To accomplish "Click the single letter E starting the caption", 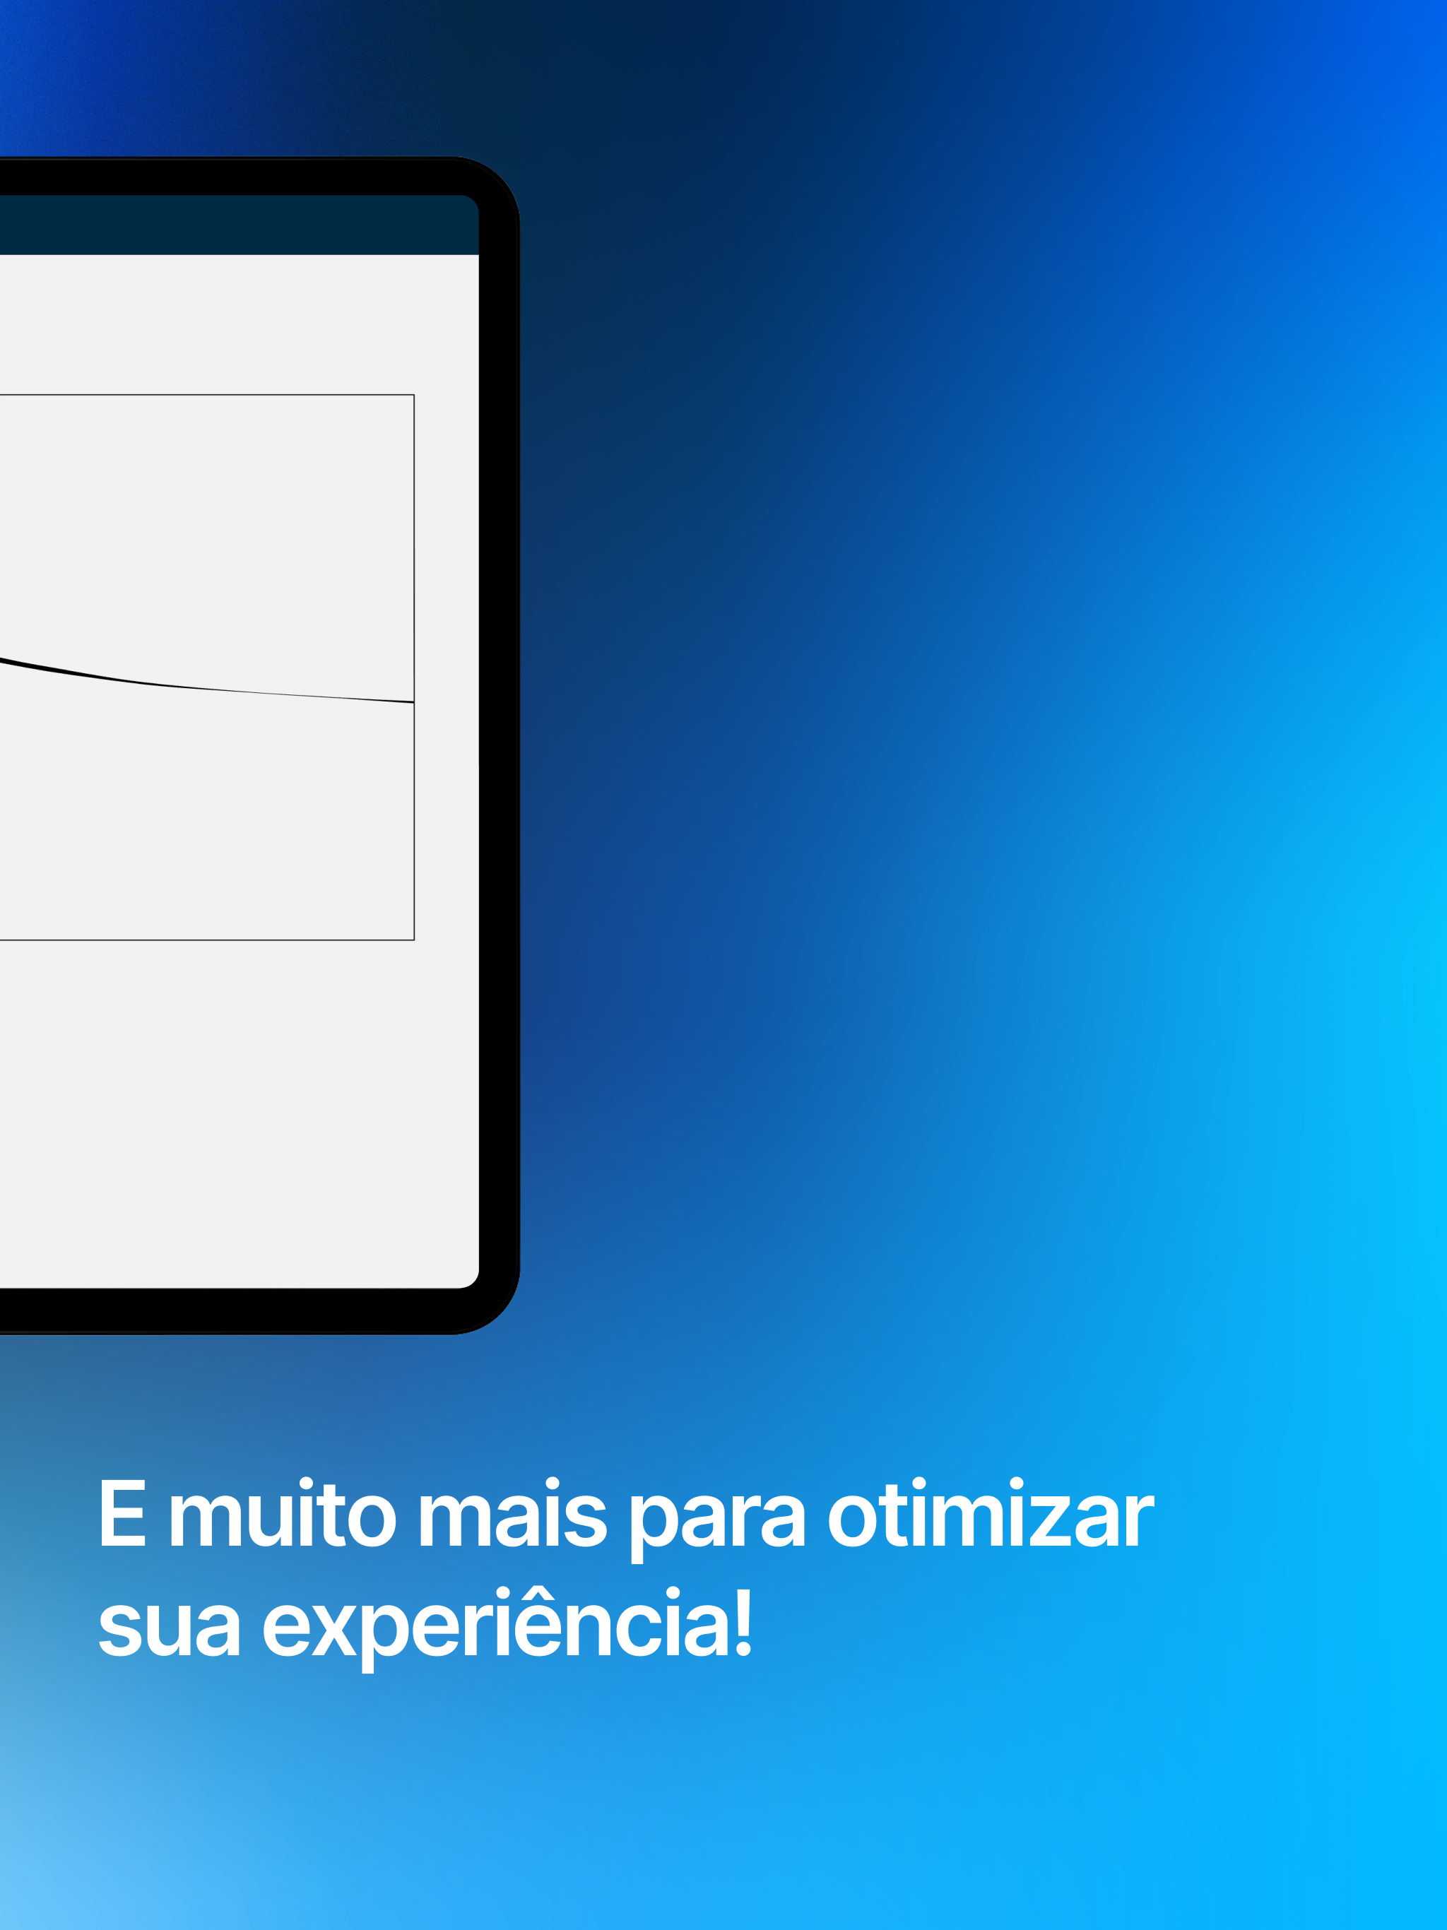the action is [122, 1514].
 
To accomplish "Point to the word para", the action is [717, 1520].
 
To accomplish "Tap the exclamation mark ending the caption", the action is [743, 1622].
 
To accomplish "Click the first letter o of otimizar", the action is [852, 1522].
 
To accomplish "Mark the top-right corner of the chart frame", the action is [413, 395].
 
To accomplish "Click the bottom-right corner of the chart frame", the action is [413, 940].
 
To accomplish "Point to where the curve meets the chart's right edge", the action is [413, 702].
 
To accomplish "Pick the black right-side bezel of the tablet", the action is [500, 745].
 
